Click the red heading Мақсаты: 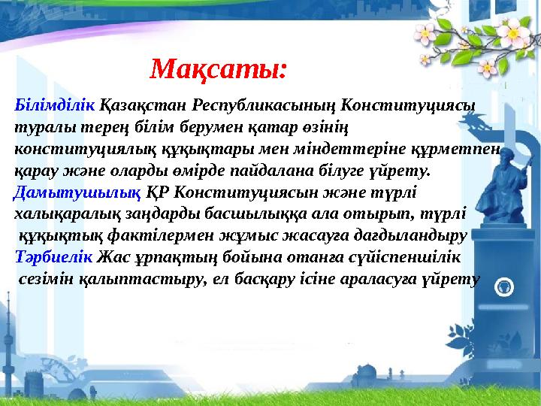(x=218, y=70)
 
